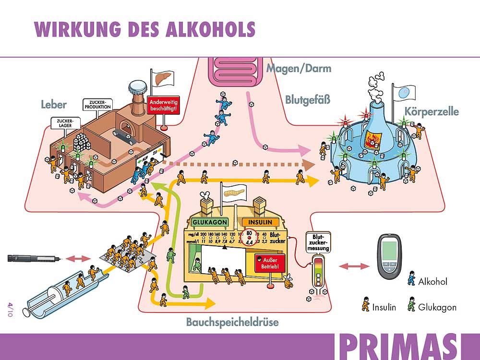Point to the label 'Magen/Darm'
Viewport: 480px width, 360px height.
click(299, 68)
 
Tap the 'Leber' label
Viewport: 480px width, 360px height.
click(53, 105)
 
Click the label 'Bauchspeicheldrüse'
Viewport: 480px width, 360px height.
click(232, 322)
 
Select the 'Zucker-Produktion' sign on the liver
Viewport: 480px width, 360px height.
click(97, 104)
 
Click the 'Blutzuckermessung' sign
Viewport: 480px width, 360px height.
click(318, 243)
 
